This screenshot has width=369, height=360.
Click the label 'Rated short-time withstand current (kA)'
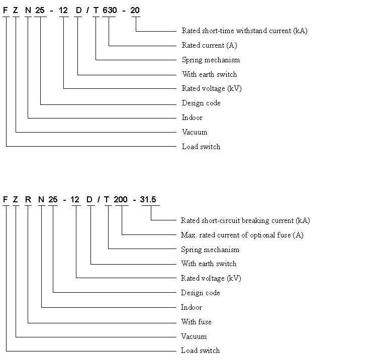tap(244, 31)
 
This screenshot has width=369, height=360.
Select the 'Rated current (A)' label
tap(209, 45)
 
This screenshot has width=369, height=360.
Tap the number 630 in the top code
tap(110, 10)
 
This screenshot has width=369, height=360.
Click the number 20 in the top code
tap(135, 10)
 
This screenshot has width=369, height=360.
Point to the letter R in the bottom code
tap(28, 199)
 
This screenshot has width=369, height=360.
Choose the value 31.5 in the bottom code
tap(148, 199)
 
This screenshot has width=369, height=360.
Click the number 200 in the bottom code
tap(121, 199)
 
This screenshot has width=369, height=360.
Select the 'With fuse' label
tap(196, 322)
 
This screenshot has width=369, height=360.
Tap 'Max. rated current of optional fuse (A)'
tap(242, 235)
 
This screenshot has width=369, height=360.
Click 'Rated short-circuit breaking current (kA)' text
tap(245, 220)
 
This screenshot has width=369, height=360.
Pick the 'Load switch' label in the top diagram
tap(201, 147)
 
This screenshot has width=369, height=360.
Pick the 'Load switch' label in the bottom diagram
tap(200, 350)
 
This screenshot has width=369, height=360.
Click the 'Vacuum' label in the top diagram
tap(195, 132)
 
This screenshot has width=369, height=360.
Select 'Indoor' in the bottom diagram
tap(192, 307)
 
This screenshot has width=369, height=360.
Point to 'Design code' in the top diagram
tap(201, 103)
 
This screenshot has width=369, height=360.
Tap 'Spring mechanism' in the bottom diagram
tap(210, 250)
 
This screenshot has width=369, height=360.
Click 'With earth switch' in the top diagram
tap(209, 74)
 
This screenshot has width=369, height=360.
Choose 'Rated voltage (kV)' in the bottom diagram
tap(211, 278)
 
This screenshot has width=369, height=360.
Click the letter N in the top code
tap(28, 10)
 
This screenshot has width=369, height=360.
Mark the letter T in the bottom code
tap(107, 199)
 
